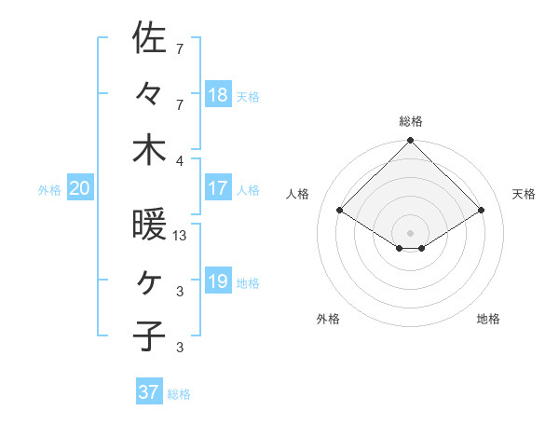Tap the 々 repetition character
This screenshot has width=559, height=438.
pyautogui.click(x=149, y=93)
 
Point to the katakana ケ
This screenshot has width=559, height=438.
pyautogui.click(x=149, y=281)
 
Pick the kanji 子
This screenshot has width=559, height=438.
pyautogui.click(x=149, y=335)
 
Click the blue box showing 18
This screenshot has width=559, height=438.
pyautogui.click(x=218, y=94)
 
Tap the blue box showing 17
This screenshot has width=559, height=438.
pyautogui.click(x=218, y=188)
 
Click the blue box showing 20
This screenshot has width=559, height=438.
pyautogui.click(x=79, y=188)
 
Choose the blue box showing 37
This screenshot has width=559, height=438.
pyautogui.click(x=149, y=392)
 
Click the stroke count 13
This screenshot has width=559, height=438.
pyautogui.click(x=180, y=236)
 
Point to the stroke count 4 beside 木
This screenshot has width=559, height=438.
pyautogui.click(x=180, y=159)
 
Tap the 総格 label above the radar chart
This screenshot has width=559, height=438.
pyautogui.click(x=411, y=121)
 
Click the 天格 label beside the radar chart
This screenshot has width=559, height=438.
pyautogui.click(x=524, y=194)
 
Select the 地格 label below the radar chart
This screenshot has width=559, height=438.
pyautogui.click(x=488, y=319)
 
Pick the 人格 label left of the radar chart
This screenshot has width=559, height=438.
pyautogui.click(x=298, y=194)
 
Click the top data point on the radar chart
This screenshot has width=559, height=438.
pyautogui.click(x=410, y=142)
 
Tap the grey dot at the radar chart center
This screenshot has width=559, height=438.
pyautogui.click(x=410, y=231)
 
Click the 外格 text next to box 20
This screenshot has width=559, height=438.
pyautogui.click(x=49, y=189)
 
